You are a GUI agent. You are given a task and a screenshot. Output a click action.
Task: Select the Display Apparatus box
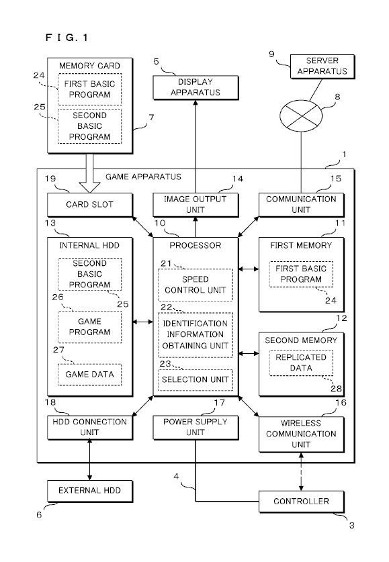(x=195, y=87)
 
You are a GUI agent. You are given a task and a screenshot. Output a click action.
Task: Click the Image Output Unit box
(x=195, y=204)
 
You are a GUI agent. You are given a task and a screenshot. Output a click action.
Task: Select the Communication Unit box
(x=300, y=204)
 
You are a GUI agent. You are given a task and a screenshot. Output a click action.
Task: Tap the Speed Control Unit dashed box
(x=195, y=284)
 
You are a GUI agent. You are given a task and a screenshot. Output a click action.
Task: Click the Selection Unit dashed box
(x=195, y=379)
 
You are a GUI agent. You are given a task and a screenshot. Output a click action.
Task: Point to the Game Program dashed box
(x=90, y=327)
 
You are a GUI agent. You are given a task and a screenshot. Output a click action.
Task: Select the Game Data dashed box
(x=90, y=374)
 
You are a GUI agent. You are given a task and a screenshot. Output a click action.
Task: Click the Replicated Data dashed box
(x=300, y=363)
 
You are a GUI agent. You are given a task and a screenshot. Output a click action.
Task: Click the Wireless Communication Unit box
(x=300, y=434)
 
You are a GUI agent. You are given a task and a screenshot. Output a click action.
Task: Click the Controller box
(x=300, y=501)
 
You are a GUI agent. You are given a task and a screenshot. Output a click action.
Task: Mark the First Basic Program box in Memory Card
(x=90, y=90)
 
